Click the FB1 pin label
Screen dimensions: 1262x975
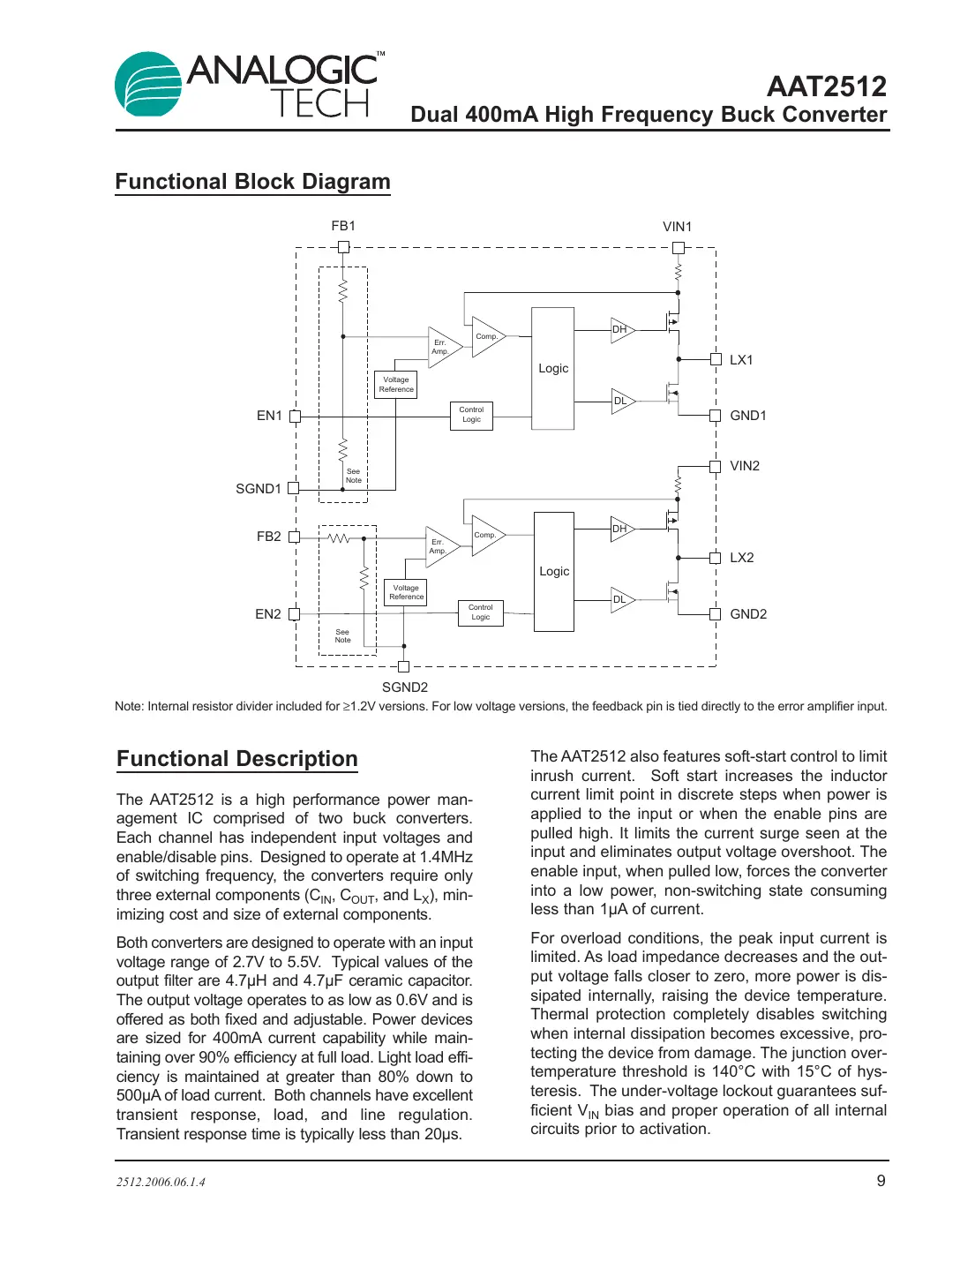click(343, 226)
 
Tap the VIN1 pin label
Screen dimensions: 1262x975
click(677, 227)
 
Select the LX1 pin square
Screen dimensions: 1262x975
click(716, 359)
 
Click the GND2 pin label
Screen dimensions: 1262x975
click(748, 614)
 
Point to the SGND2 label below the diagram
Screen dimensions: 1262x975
click(404, 687)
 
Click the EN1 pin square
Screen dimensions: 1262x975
click(296, 417)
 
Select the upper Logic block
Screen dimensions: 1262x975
click(553, 369)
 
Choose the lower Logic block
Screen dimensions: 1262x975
click(554, 572)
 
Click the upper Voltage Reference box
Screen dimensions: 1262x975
click(396, 385)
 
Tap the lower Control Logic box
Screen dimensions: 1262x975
click(480, 612)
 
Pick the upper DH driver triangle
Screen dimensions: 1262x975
click(621, 330)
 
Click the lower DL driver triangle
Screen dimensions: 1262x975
click(621, 599)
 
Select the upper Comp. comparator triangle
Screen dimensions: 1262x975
click(486, 337)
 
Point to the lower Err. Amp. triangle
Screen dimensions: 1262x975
click(439, 546)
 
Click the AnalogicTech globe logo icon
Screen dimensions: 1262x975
click(147, 85)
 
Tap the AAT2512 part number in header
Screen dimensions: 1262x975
click(826, 86)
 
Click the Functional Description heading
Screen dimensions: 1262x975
click(237, 759)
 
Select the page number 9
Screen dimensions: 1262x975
click(881, 1181)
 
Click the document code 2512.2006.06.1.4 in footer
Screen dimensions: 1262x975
click(161, 1183)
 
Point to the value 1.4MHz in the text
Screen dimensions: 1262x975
click(446, 857)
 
